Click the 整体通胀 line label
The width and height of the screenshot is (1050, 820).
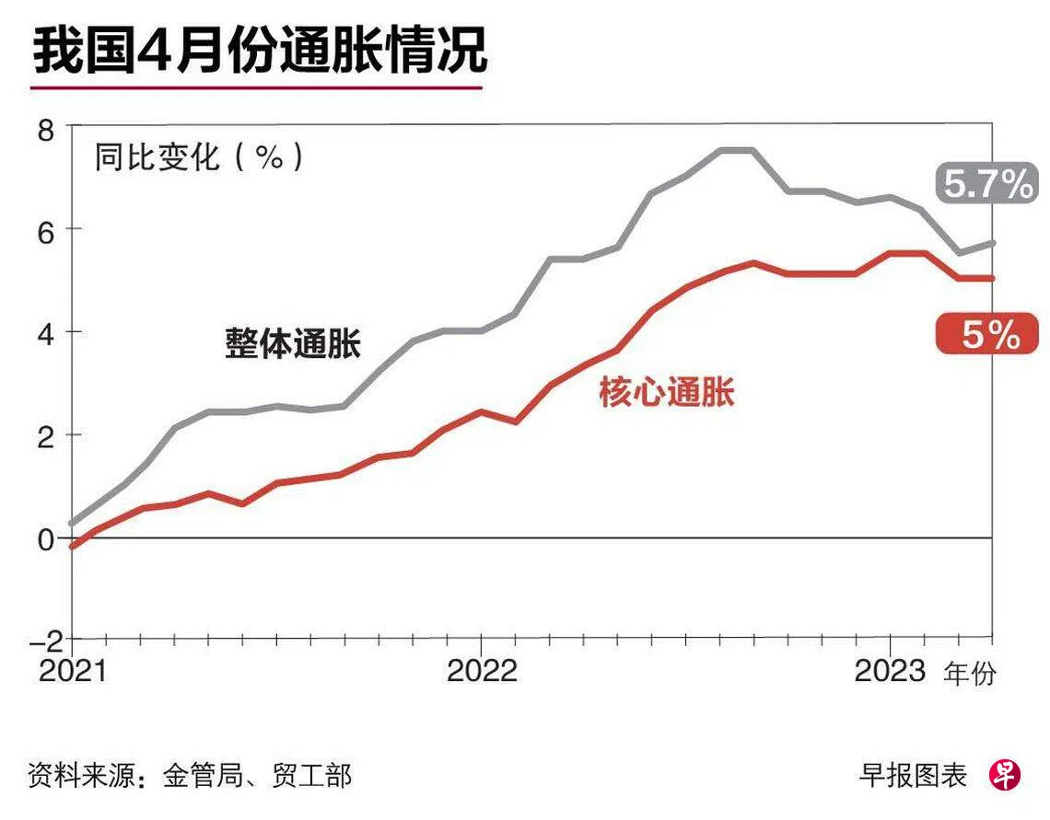293,345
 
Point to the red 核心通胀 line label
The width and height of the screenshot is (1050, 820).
667,393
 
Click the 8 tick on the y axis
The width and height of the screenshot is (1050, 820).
45,128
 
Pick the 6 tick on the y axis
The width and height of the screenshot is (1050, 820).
45,229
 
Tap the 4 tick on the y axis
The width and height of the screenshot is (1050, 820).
45,332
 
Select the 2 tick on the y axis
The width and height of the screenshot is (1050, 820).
45,434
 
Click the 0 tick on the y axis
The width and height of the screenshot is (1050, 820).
45,537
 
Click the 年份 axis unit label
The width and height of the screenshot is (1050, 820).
969,675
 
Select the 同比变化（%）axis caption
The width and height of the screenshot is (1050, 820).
198,157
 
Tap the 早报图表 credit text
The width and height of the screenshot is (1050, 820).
913,775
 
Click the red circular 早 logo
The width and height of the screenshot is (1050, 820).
1006,775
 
